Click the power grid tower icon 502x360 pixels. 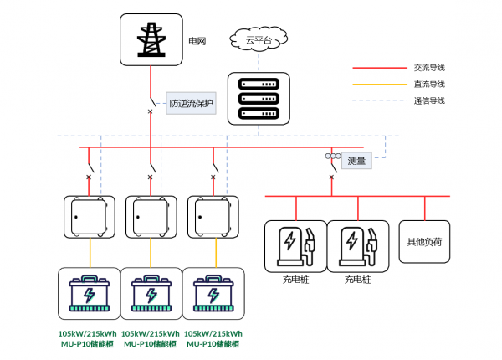tap(151, 39)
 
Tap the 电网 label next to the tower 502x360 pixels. tap(197, 41)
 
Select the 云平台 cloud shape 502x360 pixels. tap(259, 39)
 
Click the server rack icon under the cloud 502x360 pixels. tap(259, 99)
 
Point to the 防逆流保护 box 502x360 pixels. tap(191, 103)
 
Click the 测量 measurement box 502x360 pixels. tap(356, 161)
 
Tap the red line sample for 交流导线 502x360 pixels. tap(380, 68)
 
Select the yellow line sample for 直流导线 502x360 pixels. tap(380, 85)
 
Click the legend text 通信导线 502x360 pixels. tap(429, 101)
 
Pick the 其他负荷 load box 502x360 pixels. tap(424, 242)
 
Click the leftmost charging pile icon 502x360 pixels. tap(296, 246)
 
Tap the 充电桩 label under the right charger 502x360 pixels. tap(357, 280)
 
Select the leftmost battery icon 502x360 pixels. tap(90, 293)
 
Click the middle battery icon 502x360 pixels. tap(151, 293)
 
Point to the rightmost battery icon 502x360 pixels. tap(213, 293)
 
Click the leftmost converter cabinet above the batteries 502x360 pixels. tap(90, 217)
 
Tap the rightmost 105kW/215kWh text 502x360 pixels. tap(213, 334)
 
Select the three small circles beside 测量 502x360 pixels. tap(333, 156)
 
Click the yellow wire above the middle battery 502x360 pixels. tap(151, 253)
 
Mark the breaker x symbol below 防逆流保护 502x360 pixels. tap(150, 111)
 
